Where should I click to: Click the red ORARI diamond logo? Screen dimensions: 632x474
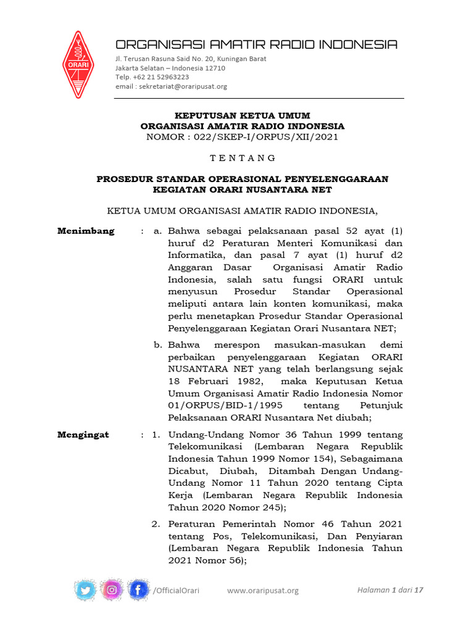pyautogui.click(x=77, y=64)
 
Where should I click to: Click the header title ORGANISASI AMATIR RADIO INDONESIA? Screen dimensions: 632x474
pyautogui.click(x=256, y=44)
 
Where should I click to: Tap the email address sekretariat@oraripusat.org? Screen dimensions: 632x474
pyautogui.click(x=183, y=86)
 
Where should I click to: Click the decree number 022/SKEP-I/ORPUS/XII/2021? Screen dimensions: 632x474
pyautogui.click(x=266, y=137)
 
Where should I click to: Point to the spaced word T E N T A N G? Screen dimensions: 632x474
pyautogui.click(x=242, y=158)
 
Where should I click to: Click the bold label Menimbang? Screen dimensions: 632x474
pyautogui.click(x=86, y=231)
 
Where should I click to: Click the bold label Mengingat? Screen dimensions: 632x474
pyautogui.click(x=83, y=434)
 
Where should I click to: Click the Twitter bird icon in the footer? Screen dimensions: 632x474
pyautogui.click(x=85, y=590)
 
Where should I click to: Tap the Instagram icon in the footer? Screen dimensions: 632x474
pyautogui.click(x=112, y=590)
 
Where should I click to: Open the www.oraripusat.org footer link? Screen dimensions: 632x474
pyautogui.click(x=263, y=591)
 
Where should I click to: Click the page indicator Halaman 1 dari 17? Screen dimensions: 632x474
pyautogui.click(x=390, y=590)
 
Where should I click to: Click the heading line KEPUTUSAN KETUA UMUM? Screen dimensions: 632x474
pyautogui.click(x=242, y=115)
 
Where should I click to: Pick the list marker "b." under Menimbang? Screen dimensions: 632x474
pyautogui.click(x=159, y=345)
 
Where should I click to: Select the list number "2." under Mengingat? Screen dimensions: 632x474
pyautogui.click(x=157, y=524)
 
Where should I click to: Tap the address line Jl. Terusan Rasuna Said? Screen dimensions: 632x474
pyautogui.click(x=191, y=59)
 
